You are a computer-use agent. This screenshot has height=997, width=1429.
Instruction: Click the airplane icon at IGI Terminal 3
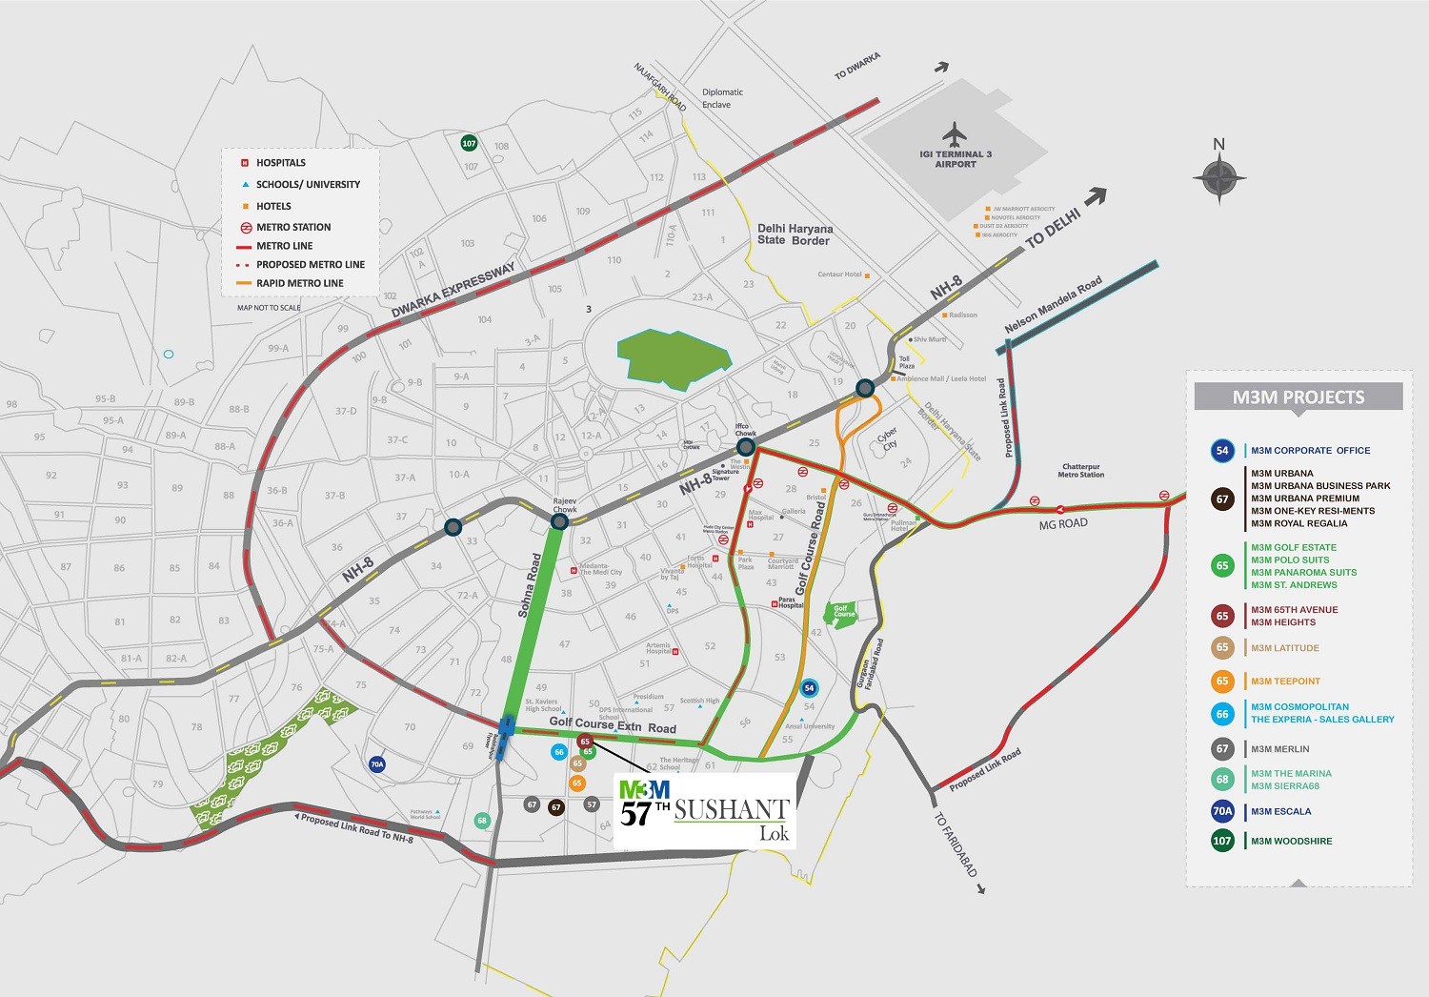[x=954, y=133]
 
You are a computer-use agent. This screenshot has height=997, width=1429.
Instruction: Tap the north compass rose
[x=1219, y=177]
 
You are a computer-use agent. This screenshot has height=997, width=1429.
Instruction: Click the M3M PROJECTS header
[x=1298, y=397]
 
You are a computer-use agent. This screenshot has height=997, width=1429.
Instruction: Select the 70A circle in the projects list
[x=1222, y=811]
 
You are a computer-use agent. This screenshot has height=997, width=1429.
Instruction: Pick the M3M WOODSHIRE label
[x=1291, y=841]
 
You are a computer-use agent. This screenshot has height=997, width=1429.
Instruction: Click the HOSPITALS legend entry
[x=280, y=163]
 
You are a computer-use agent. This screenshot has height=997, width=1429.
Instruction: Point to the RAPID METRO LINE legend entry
[x=299, y=283]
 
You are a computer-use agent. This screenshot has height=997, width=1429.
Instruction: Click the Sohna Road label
[x=530, y=585]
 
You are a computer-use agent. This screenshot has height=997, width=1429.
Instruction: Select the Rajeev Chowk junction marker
[x=560, y=521]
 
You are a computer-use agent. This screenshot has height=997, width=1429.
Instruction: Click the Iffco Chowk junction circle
[x=746, y=446]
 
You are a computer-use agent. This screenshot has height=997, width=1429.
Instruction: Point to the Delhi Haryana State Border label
[x=795, y=234]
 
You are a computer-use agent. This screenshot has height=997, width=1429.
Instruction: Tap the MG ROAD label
[x=1062, y=523]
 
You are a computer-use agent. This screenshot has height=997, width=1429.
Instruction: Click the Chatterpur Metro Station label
[x=1080, y=471]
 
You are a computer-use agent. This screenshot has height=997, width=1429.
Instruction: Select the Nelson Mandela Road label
[x=1053, y=305]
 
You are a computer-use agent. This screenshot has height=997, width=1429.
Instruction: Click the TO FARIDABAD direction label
[x=955, y=844]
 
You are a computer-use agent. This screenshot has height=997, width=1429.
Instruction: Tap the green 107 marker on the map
[x=469, y=143]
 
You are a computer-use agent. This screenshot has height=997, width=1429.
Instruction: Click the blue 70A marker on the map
[x=377, y=764]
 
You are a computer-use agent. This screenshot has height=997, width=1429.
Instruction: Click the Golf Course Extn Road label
[x=612, y=725]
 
